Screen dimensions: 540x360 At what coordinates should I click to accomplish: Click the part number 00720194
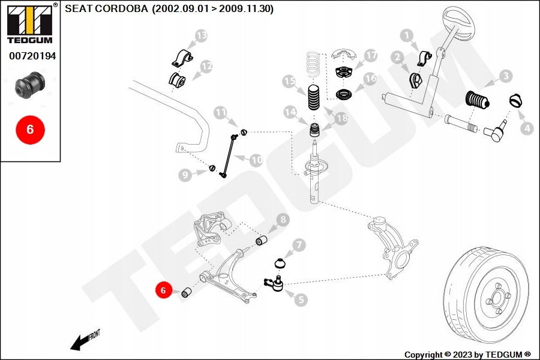[x=32, y=56]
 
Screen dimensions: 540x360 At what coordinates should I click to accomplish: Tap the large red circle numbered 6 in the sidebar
[x=31, y=130]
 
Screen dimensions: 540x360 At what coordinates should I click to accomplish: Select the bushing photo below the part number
[x=30, y=85]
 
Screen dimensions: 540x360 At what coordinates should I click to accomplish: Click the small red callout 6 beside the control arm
[x=164, y=290]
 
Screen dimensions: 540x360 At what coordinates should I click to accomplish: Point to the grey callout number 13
[x=202, y=35]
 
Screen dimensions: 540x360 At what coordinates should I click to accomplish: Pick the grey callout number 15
[x=289, y=82]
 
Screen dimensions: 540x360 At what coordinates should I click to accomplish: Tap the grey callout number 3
[x=506, y=76]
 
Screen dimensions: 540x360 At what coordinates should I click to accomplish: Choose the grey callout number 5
[x=301, y=300]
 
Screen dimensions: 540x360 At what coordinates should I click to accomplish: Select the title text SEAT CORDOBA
[x=106, y=8]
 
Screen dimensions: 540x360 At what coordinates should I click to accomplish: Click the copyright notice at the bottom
[x=467, y=355]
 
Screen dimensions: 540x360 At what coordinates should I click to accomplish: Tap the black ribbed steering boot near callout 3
[x=478, y=100]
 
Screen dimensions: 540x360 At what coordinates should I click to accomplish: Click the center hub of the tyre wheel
[x=497, y=298]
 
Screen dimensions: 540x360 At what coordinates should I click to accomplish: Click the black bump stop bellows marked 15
[x=313, y=97]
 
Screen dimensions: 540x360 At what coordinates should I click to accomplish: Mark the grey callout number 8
[x=283, y=220]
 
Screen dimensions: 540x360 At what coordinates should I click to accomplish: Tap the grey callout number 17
[x=371, y=55]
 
